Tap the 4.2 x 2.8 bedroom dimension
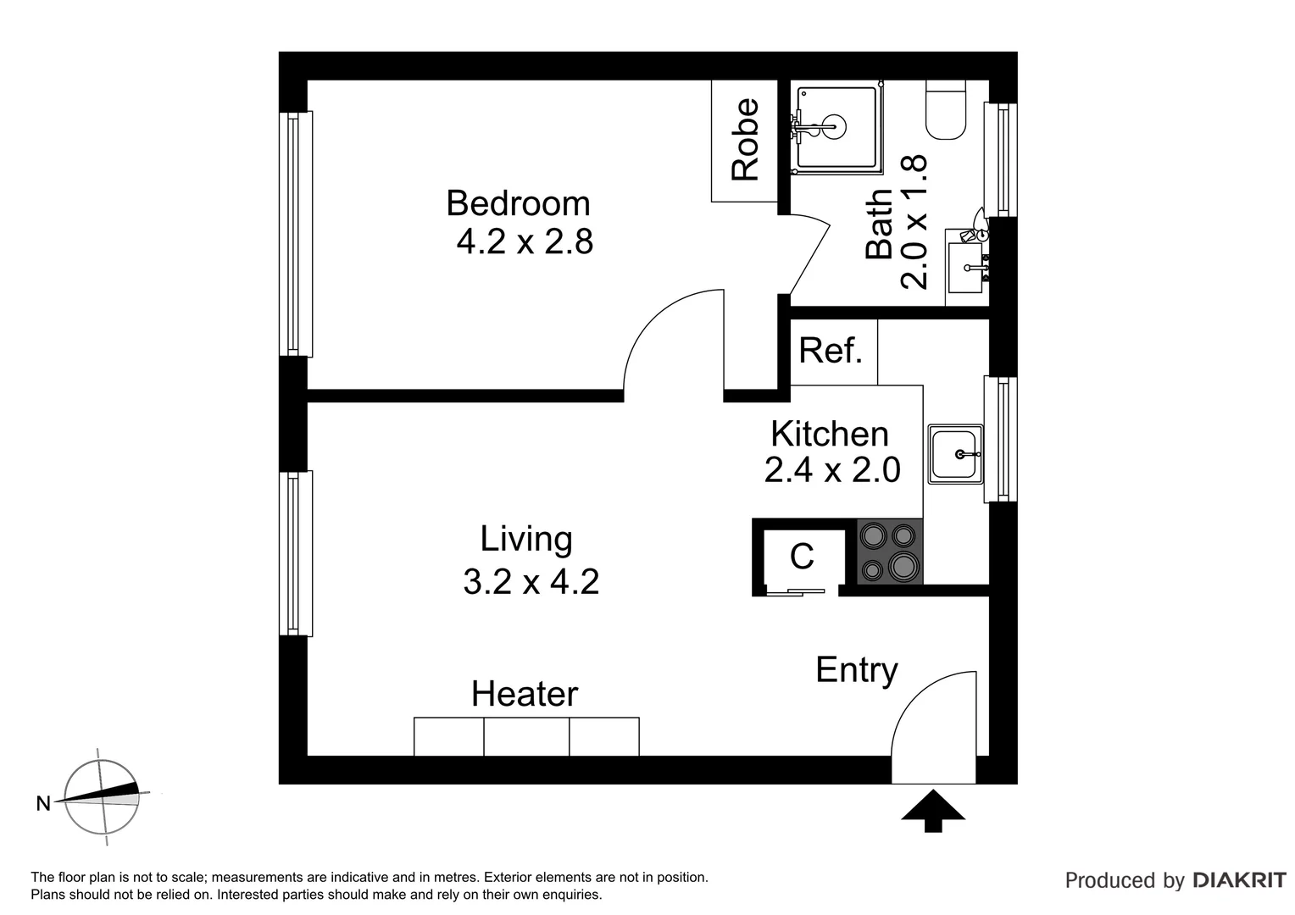tap(525, 241)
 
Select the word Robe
tap(745, 140)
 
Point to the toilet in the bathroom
tap(946, 110)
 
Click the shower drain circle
tap(834, 126)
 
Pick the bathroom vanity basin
tap(965, 268)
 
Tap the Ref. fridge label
tap(831, 350)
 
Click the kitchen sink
tap(955, 454)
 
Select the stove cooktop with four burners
tap(889, 552)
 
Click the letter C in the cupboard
tap(802, 556)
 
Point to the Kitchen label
tap(830, 434)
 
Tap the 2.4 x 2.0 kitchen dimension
tap(832, 469)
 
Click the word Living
tap(526, 540)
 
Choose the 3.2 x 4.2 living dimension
tap(531, 581)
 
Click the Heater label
tap(525, 694)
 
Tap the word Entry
tap(857, 671)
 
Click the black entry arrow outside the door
tap(933, 811)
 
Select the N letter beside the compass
tap(43, 803)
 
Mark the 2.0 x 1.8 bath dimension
tap(914, 222)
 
